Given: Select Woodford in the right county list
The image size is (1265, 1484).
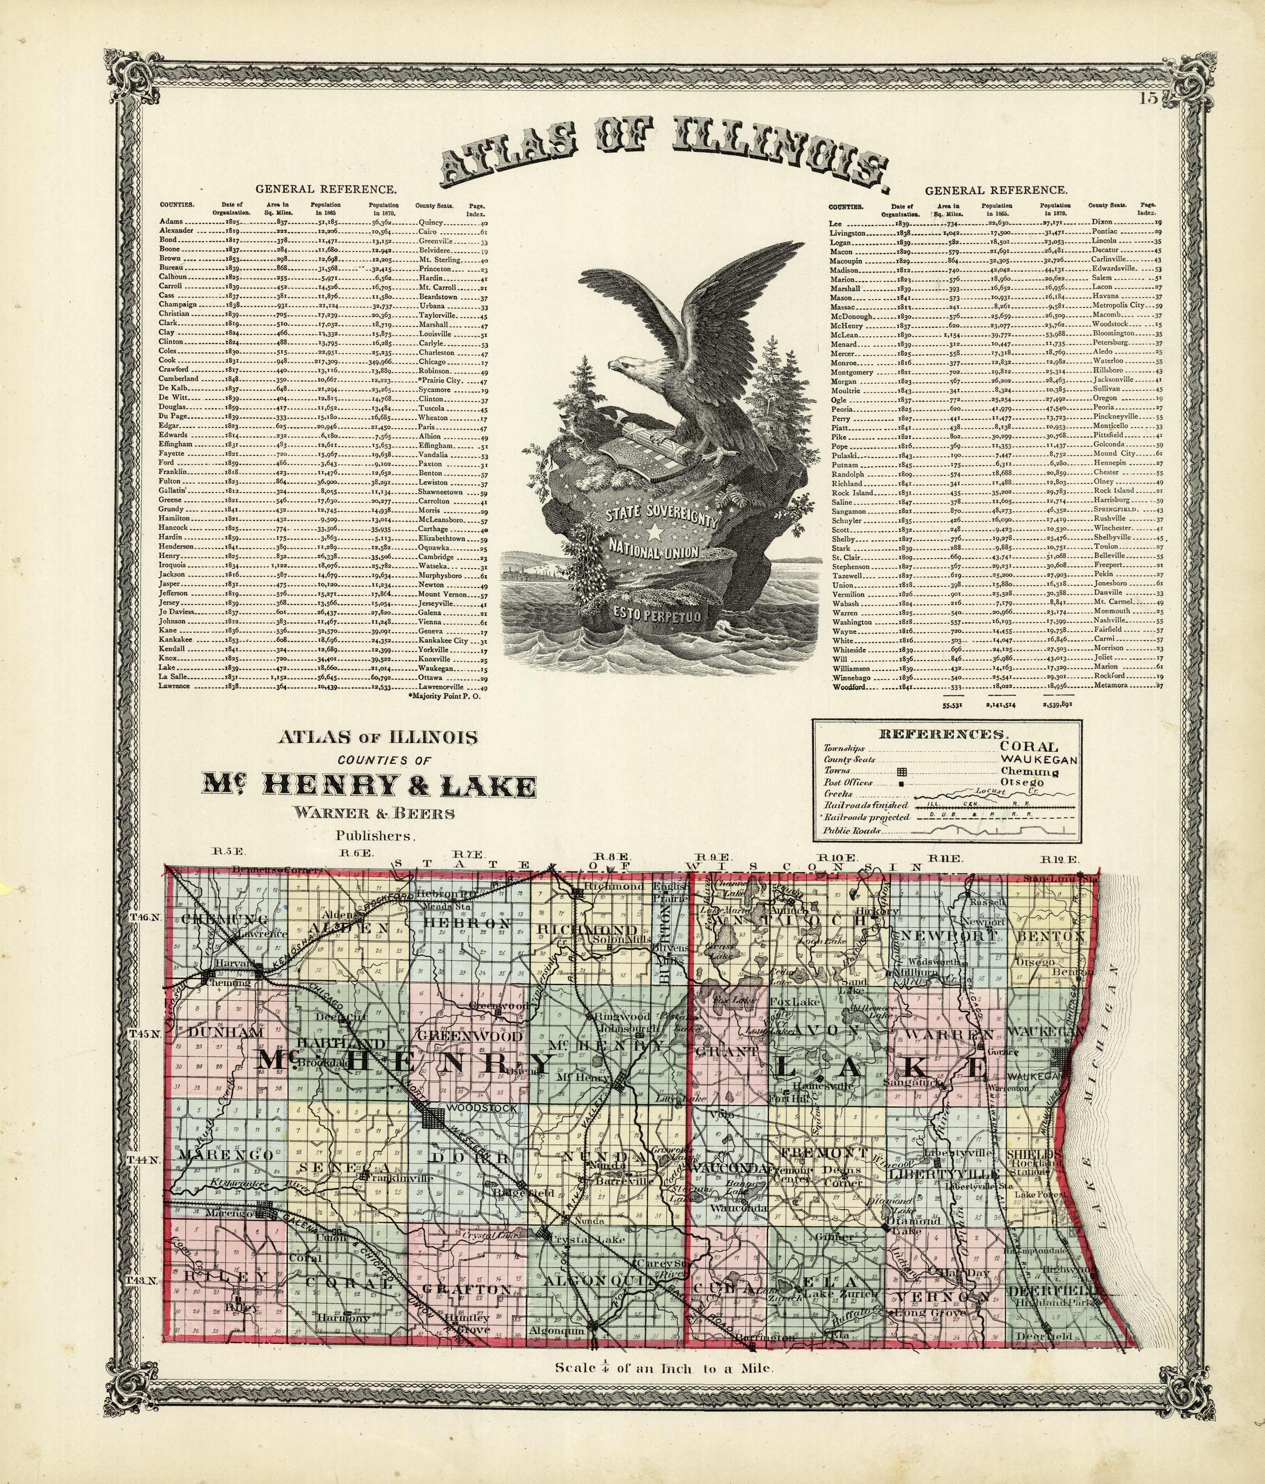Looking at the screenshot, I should [x=850, y=686].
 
